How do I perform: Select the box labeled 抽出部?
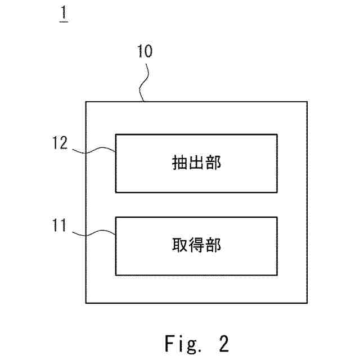point(196,163)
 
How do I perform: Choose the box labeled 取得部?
point(196,246)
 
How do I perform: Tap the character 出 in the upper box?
point(196,164)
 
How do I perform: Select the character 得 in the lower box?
point(196,246)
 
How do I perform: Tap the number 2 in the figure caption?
point(223,342)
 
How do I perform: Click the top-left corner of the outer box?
point(86,102)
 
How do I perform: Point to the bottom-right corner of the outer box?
point(307,303)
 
